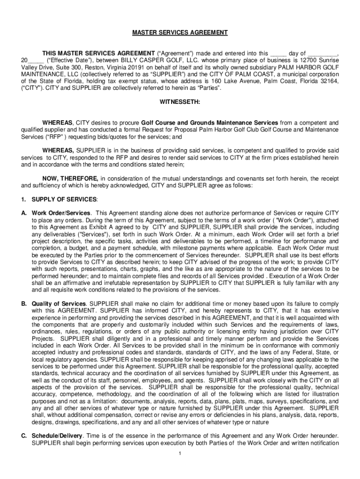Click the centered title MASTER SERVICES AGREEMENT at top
[x=180, y=33]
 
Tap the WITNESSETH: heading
[x=180, y=102]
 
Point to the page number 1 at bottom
[x=180, y=453]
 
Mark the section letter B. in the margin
[x=23, y=304]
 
